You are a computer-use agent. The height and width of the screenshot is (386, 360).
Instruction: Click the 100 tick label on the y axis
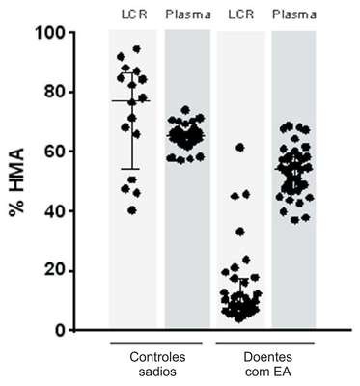[49, 33]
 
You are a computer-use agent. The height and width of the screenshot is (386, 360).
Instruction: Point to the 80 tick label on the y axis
[54, 93]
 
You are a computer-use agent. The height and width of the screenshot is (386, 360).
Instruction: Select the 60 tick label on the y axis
[54, 152]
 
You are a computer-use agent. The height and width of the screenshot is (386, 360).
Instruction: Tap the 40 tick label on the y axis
[54, 211]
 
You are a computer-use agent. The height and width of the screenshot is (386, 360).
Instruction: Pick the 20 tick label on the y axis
[54, 271]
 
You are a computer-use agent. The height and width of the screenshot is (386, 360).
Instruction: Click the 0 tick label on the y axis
[59, 330]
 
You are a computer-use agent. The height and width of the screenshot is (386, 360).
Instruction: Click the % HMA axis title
[16, 182]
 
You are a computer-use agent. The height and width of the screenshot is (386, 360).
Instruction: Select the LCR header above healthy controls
[134, 14]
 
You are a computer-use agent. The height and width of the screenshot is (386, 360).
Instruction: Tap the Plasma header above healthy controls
[188, 14]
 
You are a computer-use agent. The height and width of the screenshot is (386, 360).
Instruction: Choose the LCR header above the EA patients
[241, 14]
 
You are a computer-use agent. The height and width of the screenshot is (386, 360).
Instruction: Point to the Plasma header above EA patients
[294, 14]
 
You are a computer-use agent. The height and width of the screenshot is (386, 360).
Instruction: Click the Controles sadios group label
[157, 365]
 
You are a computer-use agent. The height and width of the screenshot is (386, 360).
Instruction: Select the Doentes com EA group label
[267, 365]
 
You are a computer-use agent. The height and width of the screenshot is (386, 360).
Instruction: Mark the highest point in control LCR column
[136, 49]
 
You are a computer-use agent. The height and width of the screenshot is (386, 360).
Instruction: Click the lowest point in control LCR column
[132, 210]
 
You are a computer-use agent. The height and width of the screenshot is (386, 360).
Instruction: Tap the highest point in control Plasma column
[185, 110]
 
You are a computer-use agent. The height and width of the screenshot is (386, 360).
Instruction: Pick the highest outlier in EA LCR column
[240, 148]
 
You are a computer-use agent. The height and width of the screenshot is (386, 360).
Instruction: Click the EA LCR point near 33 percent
[240, 232]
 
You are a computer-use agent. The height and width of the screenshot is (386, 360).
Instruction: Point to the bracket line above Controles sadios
[156, 343]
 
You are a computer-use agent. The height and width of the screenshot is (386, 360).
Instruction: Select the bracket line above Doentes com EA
[265, 343]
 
